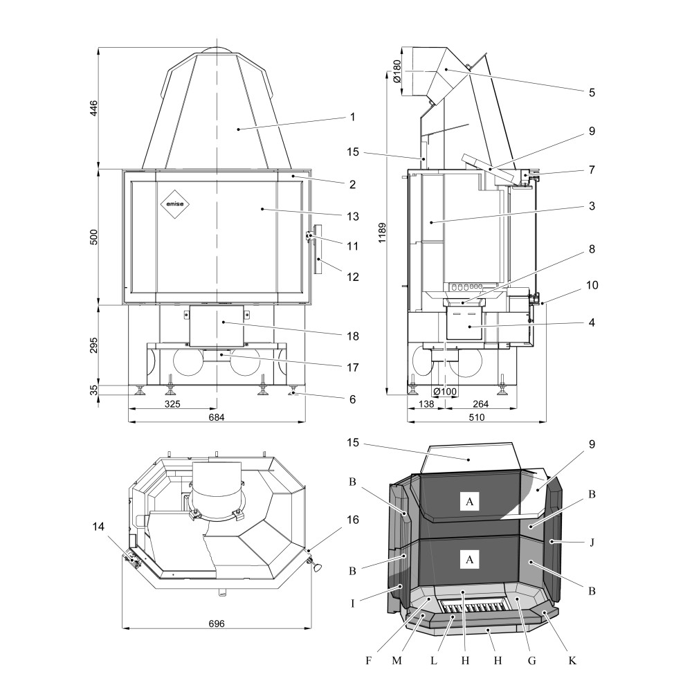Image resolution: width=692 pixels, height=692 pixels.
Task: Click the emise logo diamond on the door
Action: tap(176, 203)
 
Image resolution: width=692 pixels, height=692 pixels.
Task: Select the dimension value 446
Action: tap(94, 108)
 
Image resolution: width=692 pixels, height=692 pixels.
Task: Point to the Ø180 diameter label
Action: tap(397, 71)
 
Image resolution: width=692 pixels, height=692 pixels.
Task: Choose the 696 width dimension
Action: tap(217, 623)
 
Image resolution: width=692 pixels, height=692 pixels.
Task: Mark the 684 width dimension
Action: tap(217, 417)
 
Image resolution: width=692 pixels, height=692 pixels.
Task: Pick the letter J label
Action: tap(592, 541)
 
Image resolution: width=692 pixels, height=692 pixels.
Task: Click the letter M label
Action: tap(397, 661)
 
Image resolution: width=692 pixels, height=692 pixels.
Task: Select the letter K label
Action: tap(572, 661)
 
